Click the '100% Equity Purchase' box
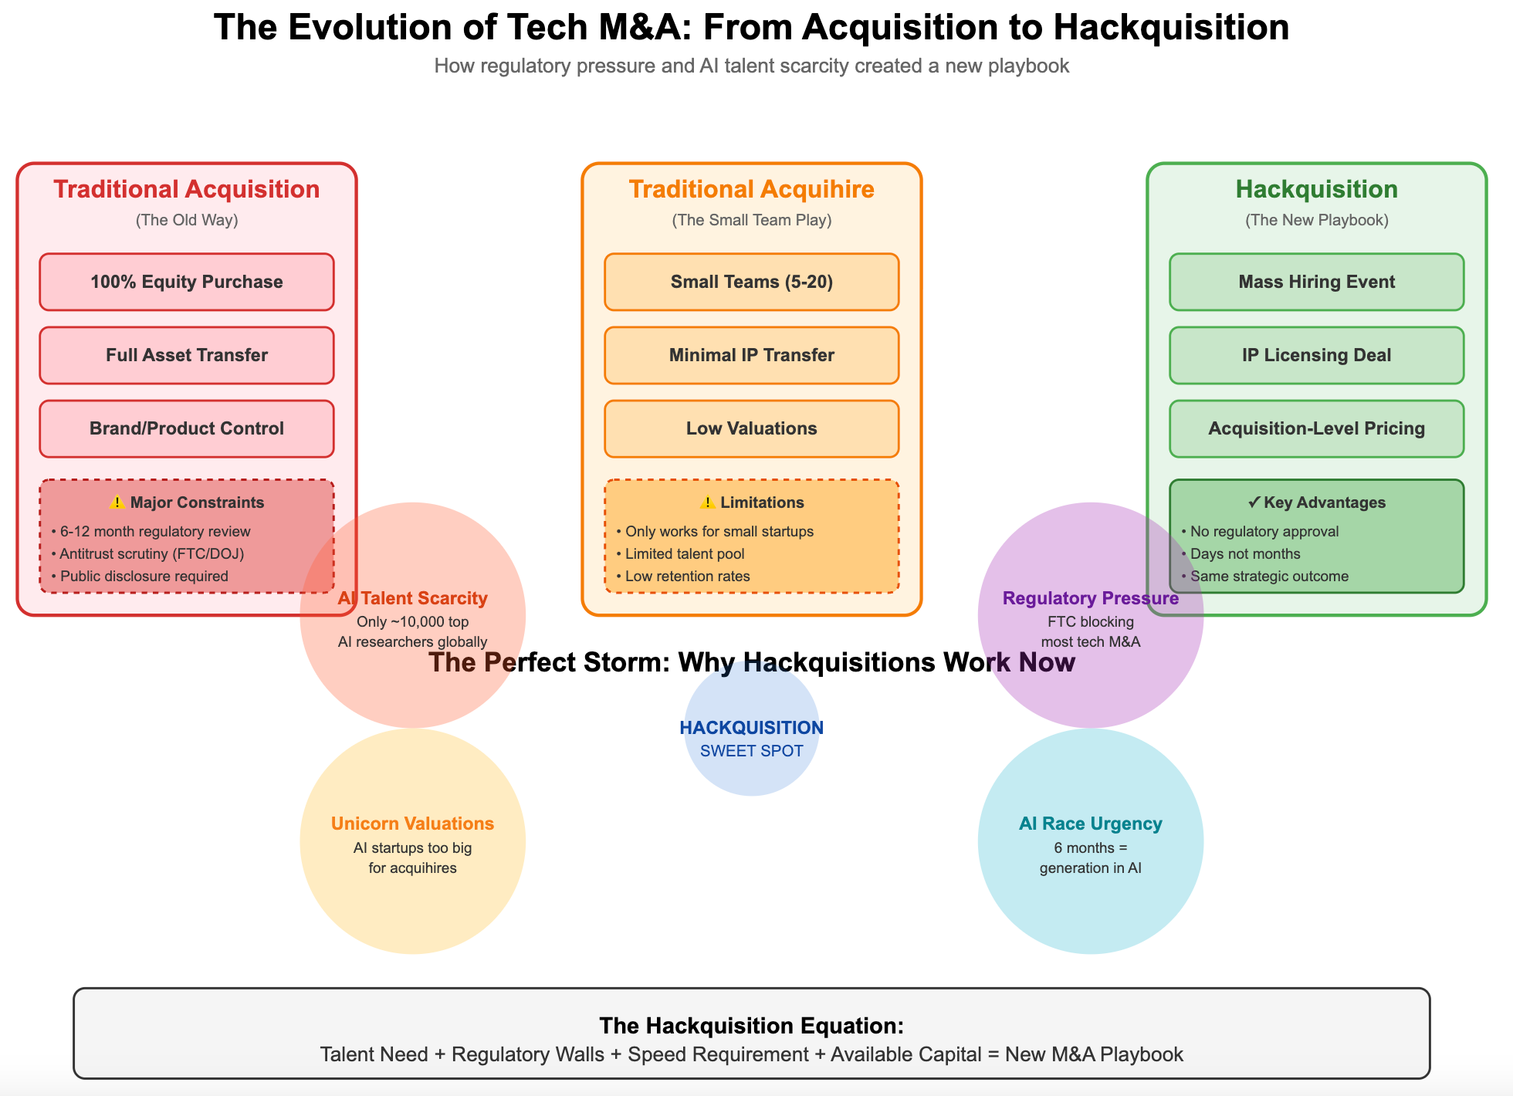[187, 282]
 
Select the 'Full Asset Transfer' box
[187, 355]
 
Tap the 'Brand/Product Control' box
[187, 428]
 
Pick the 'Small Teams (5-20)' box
[752, 282]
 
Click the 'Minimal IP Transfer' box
[752, 355]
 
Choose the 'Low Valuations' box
[752, 428]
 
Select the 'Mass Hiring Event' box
[1317, 282]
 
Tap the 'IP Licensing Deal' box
[1317, 355]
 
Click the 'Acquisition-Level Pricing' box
[1317, 428]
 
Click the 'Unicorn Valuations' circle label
[412, 824]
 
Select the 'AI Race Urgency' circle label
[1090, 824]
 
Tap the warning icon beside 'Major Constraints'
[117, 502]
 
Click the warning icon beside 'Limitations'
[707, 502]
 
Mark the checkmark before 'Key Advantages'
[1254, 502]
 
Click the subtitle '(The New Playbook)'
[1317, 220]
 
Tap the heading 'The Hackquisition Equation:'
[752, 1025]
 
